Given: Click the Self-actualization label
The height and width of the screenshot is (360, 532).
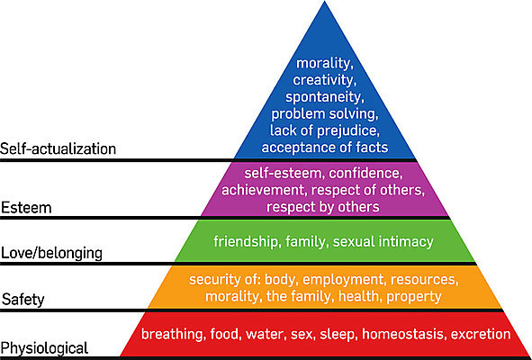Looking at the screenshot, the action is [58, 148].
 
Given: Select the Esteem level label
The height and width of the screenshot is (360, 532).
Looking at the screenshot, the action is [26, 208].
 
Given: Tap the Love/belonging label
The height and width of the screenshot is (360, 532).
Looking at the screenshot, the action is [51, 253].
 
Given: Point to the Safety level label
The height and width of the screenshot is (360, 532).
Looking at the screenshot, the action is [23, 300].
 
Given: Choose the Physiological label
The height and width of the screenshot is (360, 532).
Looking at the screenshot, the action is [44, 348].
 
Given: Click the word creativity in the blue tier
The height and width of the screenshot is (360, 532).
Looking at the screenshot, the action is [324, 80].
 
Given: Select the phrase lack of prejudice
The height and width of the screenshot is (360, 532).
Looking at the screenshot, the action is [324, 130].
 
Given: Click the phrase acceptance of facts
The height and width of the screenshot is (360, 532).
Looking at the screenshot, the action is [325, 148].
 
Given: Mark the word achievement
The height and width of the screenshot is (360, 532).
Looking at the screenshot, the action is [265, 190].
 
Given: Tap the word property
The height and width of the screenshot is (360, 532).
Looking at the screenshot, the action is [414, 297].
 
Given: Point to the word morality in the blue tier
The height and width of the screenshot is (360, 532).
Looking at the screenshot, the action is [323, 64].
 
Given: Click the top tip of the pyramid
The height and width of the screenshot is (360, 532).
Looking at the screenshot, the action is [324, 1].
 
